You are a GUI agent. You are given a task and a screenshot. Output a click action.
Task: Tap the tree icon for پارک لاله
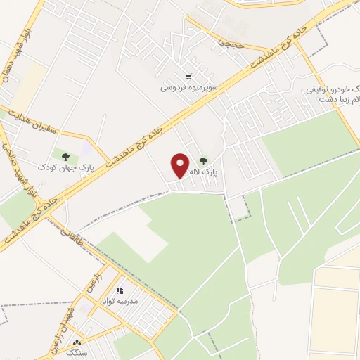[x=204, y=161]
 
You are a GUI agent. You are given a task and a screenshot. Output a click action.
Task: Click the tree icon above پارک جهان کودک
[x=66, y=156]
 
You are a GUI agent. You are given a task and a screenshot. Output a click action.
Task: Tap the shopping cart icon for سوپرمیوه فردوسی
[x=188, y=77]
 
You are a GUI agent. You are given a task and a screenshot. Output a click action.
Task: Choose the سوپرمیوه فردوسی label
[x=188, y=88]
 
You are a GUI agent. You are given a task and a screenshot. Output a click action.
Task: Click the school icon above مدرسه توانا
[x=120, y=290]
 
